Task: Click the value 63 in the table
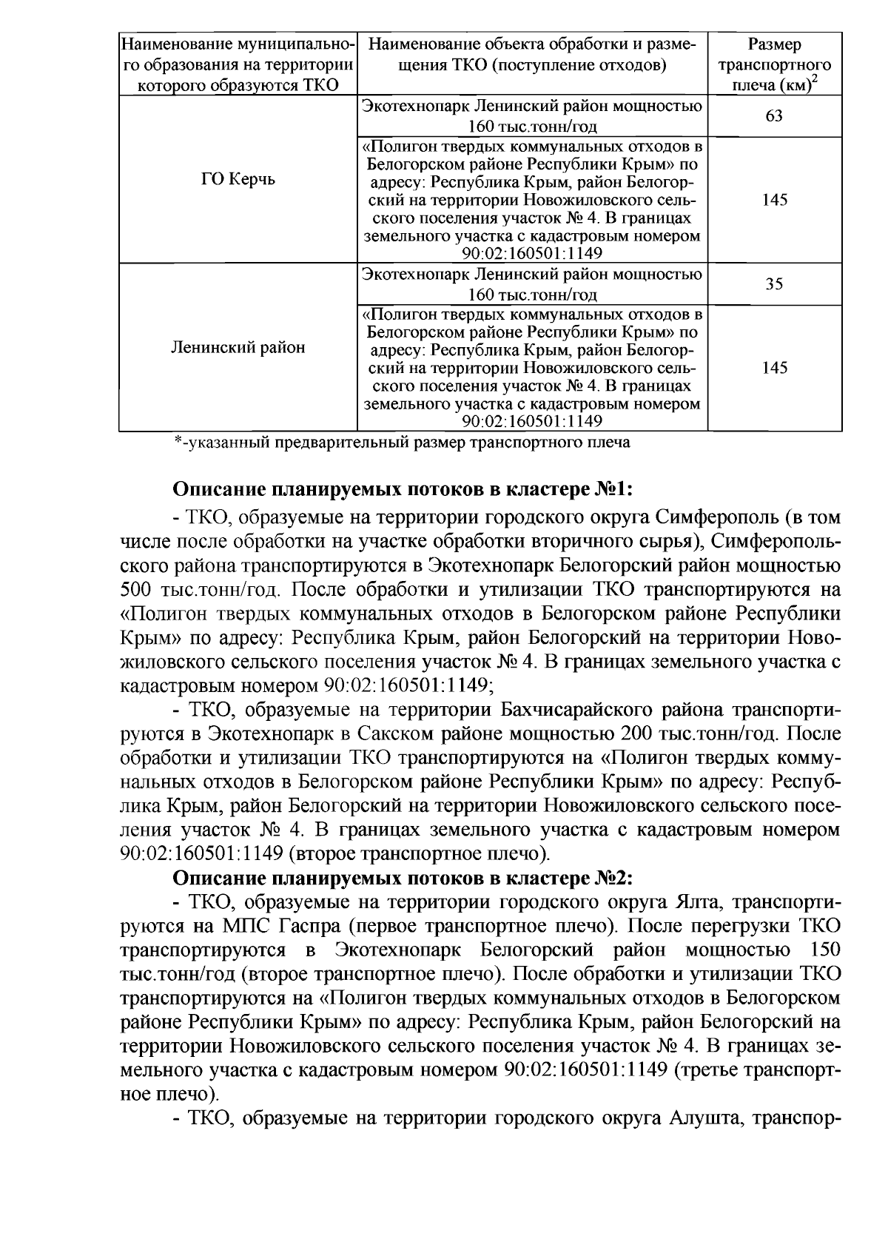[x=774, y=116]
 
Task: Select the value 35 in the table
[x=774, y=284]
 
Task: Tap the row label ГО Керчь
[x=238, y=180]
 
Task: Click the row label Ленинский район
[x=238, y=347]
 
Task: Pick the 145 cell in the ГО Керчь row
[x=774, y=200]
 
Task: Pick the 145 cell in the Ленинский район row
[x=774, y=368]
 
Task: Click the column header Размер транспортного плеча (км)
[x=774, y=64]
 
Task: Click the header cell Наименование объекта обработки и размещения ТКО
[x=532, y=56]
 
